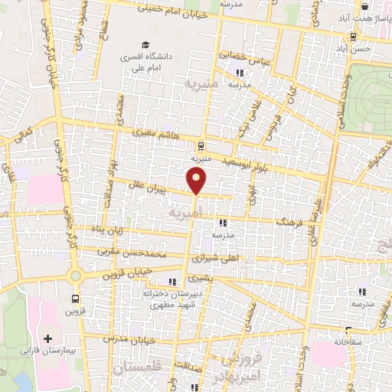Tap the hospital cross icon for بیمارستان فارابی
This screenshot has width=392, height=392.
tap(48, 338)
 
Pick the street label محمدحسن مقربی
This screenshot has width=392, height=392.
tap(139, 250)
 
